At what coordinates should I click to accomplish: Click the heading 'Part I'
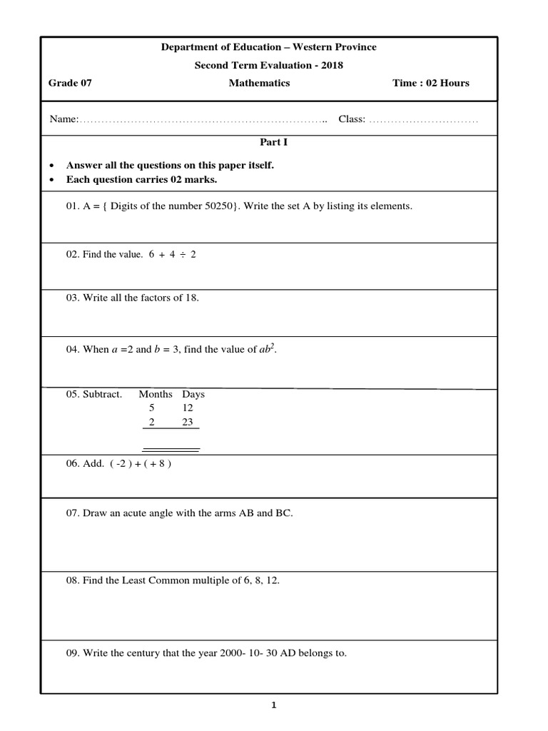[274, 142]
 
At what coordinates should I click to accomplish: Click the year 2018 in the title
[332, 65]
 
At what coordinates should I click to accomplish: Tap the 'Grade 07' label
[70, 83]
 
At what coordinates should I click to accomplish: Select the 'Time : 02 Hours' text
[430, 83]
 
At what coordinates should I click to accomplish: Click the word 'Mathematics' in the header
[259, 83]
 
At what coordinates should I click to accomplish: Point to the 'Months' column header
[156, 394]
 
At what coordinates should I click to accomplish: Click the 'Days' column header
[193, 394]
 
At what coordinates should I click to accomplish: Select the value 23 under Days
[188, 422]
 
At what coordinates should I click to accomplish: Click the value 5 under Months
[151, 408]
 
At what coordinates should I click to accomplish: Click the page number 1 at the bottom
[273, 706]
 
